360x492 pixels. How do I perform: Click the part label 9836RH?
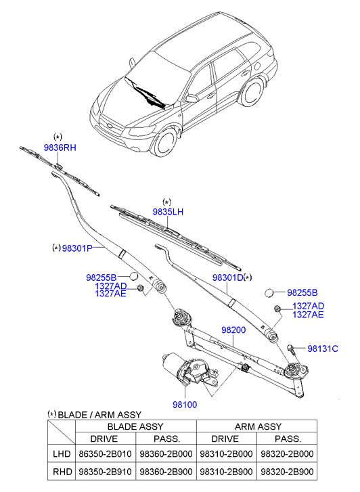point(60,148)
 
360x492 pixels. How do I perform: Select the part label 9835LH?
point(168,212)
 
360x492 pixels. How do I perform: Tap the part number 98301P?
point(77,248)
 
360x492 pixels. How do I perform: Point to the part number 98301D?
point(228,277)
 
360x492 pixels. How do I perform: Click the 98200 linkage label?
point(233,330)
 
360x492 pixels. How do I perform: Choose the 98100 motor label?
point(185,405)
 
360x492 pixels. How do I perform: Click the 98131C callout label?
point(323,349)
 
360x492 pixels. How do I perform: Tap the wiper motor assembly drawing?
point(189,370)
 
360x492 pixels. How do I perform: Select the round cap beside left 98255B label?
point(134,276)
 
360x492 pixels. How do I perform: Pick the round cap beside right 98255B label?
point(269,293)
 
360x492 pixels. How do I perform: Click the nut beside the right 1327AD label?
point(277,309)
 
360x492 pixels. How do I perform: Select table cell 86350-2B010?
point(105,453)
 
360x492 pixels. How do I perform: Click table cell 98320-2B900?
point(287,472)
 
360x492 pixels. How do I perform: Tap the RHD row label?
point(62,472)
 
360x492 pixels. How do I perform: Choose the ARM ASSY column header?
point(258,426)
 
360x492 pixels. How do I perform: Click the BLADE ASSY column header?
point(135,426)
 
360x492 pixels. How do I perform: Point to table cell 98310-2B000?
point(226,453)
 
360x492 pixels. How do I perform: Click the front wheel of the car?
point(165,142)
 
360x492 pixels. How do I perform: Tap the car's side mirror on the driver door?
point(191,99)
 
